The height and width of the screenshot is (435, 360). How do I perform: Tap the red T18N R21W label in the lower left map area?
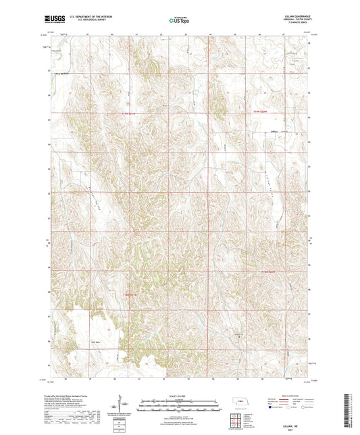point(130,294)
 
